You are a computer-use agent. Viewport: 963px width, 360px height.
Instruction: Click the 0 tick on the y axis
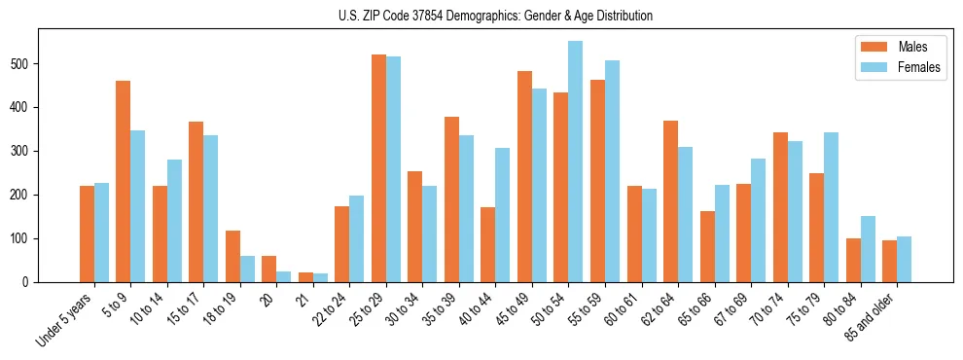(x=30, y=282)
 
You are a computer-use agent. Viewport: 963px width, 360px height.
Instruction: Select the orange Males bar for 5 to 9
(x=124, y=181)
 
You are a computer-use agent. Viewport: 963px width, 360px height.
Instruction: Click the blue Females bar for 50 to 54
(x=576, y=162)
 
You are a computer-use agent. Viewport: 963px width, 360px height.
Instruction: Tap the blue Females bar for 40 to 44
(x=503, y=215)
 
